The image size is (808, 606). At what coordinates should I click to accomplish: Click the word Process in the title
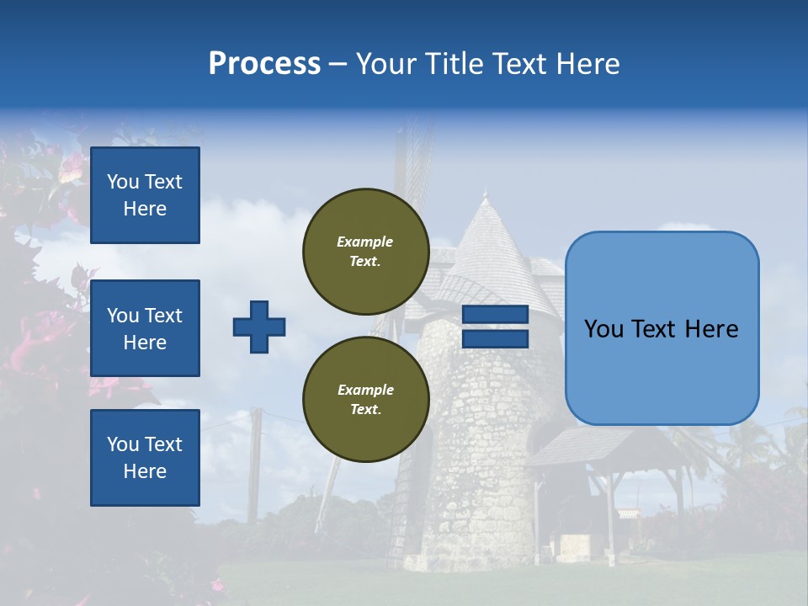click(x=264, y=64)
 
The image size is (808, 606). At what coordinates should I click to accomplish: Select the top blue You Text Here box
click(x=145, y=195)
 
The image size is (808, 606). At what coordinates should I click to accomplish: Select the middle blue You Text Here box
click(x=145, y=328)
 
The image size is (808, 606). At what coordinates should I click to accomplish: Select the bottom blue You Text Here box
click(x=145, y=457)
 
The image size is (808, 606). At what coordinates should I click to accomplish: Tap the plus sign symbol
click(x=259, y=327)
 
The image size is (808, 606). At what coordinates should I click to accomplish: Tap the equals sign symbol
click(x=495, y=327)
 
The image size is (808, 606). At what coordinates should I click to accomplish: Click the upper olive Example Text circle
click(x=365, y=252)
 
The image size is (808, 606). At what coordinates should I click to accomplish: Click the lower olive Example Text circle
click(x=365, y=400)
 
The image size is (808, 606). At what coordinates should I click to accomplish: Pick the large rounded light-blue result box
click(x=662, y=327)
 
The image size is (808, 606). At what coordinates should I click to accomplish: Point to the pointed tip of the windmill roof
click(x=485, y=195)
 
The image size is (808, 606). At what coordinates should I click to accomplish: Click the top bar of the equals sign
click(x=495, y=315)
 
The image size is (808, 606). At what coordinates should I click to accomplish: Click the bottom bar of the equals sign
click(x=495, y=338)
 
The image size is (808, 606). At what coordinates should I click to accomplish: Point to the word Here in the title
click(x=587, y=64)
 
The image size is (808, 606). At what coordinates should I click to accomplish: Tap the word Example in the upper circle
click(x=365, y=242)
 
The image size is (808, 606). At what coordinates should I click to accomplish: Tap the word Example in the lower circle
click(x=365, y=390)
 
